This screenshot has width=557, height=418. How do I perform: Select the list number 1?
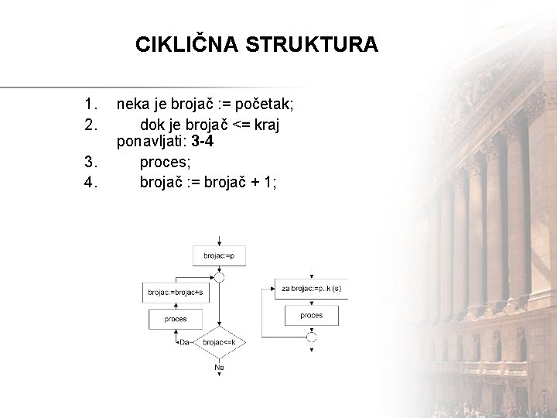(92, 103)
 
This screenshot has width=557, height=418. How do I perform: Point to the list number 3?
(92, 162)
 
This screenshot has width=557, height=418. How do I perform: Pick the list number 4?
(92, 182)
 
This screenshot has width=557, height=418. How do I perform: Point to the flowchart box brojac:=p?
(220, 255)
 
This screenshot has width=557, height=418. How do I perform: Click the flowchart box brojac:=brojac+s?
(176, 292)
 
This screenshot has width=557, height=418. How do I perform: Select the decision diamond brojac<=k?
(220, 341)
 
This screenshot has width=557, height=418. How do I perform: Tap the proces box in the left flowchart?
(176, 319)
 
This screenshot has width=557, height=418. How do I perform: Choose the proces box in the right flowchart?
(311, 315)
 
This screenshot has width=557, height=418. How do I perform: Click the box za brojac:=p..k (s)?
(311, 289)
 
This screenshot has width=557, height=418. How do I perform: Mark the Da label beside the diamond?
(184, 341)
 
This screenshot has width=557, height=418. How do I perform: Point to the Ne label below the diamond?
(220, 367)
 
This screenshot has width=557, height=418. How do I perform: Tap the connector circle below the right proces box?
(311, 336)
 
